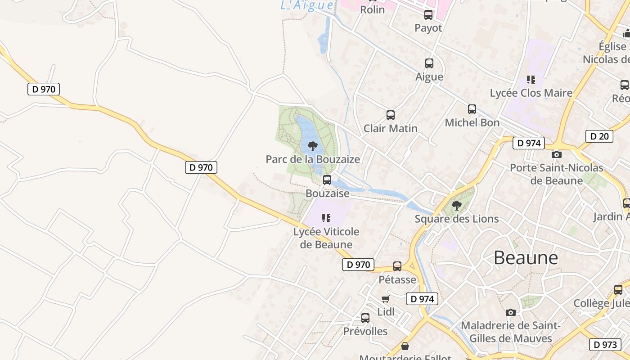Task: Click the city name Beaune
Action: [x=526, y=258]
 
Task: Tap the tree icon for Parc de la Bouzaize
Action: [x=313, y=146]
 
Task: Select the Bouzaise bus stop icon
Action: [x=327, y=180]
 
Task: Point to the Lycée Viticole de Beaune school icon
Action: [x=326, y=218]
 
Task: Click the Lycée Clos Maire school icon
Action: [x=531, y=80]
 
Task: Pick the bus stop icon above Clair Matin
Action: [x=391, y=115]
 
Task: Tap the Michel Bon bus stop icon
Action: [x=472, y=109]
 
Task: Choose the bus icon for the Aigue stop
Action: [x=429, y=63]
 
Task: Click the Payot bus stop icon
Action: [x=428, y=14]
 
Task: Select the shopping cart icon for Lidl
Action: [x=386, y=299]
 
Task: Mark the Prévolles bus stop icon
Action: [x=365, y=318]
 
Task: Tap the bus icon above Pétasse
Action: [x=397, y=266]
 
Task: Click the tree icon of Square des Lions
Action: [x=457, y=206]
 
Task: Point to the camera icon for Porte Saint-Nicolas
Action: [x=557, y=154]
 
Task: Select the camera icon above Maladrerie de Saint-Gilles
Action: [x=511, y=312]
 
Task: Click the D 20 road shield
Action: [x=599, y=136]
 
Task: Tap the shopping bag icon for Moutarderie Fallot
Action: [x=405, y=346]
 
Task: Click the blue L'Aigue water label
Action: [x=307, y=5]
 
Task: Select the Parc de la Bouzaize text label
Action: [x=313, y=159]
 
